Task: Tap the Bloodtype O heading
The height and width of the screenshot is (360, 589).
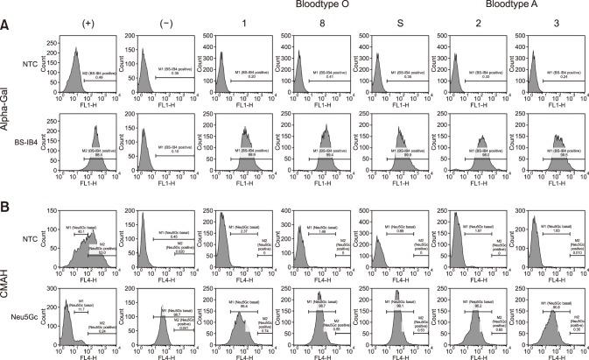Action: (318, 6)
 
